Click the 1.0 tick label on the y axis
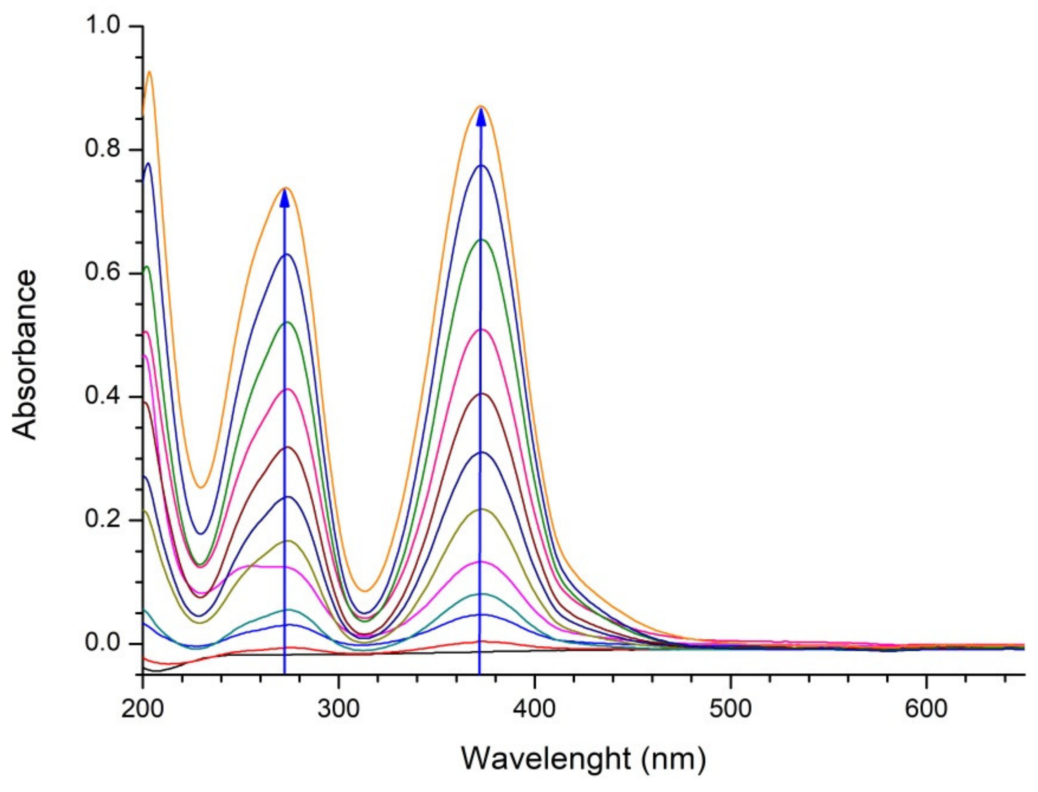pyautogui.click(x=102, y=26)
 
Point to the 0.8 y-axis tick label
pyautogui.click(x=102, y=150)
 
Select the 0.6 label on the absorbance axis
pyautogui.click(x=102, y=273)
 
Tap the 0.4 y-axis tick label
pyautogui.click(x=102, y=396)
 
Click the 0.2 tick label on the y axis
pyautogui.click(x=102, y=520)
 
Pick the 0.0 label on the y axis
pyautogui.click(x=102, y=644)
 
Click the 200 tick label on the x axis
pyautogui.click(x=142, y=710)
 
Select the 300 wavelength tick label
pyautogui.click(x=338, y=710)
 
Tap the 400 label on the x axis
pyautogui.click(x=534, y=710)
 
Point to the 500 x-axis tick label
pyautogui.click(x=730, y=710)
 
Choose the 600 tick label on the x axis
pyautogui.click(x=926, y=710)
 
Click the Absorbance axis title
pyautogui.click(x=25, y=354)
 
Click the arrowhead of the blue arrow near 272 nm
pyautogui.click(x=284, y=198)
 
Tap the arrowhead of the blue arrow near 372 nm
pyautogui.click(x=481, y=117)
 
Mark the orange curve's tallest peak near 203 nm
pyautogui.click(x=149, y=72)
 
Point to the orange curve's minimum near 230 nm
pyautogui.click(x=201, y=488)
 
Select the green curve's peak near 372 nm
pyautogui.click(x=481, y=240)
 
